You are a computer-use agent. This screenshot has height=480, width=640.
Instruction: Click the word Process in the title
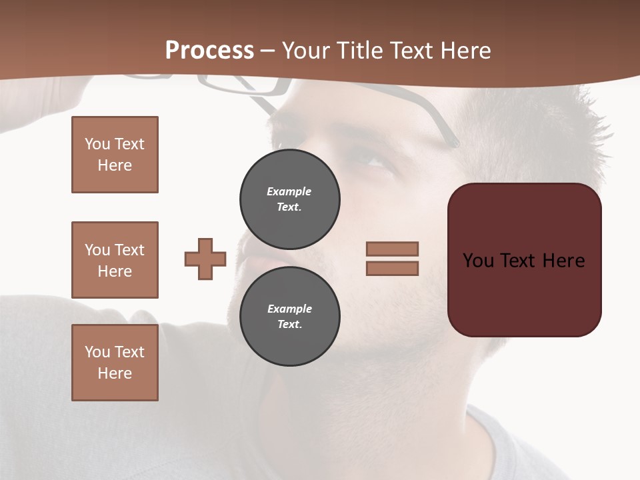(x=209, y=50)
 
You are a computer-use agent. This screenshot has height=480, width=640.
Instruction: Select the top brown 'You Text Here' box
(x=115, y=155)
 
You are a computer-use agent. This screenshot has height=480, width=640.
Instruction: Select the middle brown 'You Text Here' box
(x=115, y=260)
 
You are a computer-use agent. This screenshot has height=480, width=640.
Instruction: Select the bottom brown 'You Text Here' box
(x=115, y=363)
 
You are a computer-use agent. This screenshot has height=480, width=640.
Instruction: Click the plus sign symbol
(x=205, y=259)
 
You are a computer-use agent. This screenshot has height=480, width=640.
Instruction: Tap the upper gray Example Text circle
(x=289, y=199)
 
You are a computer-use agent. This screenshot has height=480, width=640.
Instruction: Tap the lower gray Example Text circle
(x=289, y=317)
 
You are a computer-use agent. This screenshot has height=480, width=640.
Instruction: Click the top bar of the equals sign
(x=392, y=249)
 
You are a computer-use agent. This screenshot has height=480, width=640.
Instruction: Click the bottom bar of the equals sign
(x=392, y=268)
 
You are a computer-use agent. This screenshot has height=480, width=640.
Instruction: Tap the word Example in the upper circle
(x=289, y=191)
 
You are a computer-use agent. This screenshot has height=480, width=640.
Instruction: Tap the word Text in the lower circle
(x=289, y=325)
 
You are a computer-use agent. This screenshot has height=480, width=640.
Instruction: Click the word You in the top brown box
(x=97, y=144)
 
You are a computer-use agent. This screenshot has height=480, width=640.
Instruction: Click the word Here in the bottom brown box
(x=115, y=373)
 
